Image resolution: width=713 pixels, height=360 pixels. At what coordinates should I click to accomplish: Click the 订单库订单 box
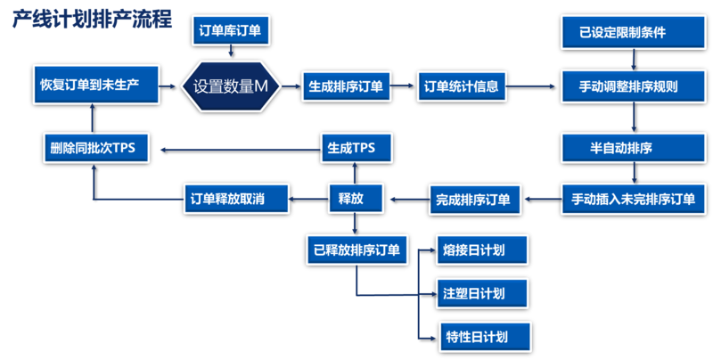pos(231,33)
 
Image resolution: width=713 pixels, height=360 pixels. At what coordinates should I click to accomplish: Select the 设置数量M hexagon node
pos(231,86)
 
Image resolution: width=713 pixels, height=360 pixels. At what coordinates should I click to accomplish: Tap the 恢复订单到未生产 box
pos(93,86)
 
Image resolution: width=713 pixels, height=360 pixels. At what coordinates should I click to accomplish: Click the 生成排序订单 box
pos(346,86)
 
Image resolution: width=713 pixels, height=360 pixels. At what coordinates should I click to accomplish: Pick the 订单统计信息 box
pos(461,86)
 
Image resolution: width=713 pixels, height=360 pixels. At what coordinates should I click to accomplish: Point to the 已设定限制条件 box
pos(634,33)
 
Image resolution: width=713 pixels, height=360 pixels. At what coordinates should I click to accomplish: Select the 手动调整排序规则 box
pos(634,86)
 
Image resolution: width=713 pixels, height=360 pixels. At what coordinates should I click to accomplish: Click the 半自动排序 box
pos(634,147)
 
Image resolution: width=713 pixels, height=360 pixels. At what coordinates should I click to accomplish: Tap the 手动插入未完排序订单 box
pos(634,198)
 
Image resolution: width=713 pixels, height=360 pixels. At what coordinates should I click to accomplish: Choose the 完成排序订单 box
pos(473,198)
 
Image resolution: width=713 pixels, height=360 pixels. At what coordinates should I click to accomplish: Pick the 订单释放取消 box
pos(238,198)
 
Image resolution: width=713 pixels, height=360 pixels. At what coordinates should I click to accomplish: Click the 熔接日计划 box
pos(482,249)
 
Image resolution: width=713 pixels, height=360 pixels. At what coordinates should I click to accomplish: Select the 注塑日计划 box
pos(482,292)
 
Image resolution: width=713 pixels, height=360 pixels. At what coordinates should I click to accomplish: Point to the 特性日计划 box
pos(482,337)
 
